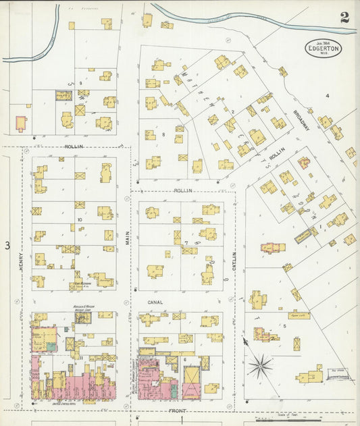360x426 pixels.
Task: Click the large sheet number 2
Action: [x=344, y=18]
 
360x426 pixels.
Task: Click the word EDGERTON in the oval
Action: [x=322, y=49]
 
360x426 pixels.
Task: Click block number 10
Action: [x=79, y=219]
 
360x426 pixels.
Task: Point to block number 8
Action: [x=163, y=135]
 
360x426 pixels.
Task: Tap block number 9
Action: [x=80, y=83]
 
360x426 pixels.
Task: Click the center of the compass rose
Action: [x=260, y=367]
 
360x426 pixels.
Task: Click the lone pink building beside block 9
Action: [x=21, y=123]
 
